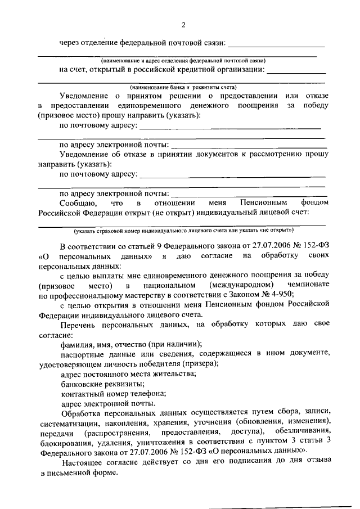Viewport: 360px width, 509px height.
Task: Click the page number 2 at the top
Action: tap(183, 25)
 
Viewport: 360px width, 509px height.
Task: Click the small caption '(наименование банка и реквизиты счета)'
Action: tap(183, 87)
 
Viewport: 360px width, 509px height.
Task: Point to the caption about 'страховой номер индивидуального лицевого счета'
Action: tap(183, 231)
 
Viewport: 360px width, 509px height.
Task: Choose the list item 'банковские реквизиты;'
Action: tap(98, 383)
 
